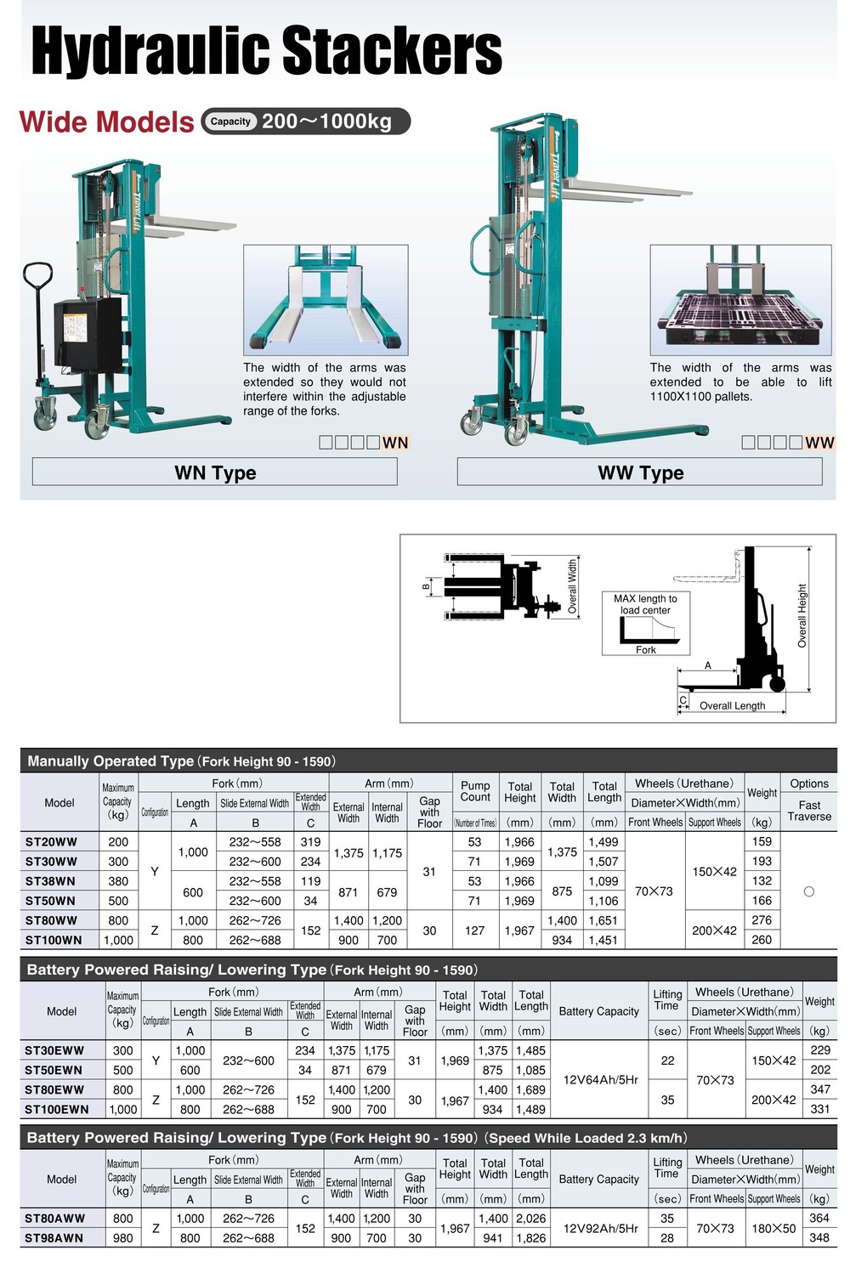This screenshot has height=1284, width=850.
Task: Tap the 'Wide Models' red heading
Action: [x=107, y=122]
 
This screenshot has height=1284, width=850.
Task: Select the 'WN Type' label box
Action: [x=215, y=472]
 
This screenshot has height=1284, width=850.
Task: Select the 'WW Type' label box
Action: [x=640, y=472]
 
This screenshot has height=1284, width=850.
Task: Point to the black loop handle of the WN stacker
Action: [x=37, y=277]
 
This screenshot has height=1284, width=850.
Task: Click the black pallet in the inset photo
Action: [x=741, y=319]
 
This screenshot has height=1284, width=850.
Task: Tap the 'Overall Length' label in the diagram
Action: [x=732, y=705]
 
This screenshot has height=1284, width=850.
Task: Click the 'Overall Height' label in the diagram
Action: [x=802, y=615]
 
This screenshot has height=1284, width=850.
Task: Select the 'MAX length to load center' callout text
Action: [x=645, y=604]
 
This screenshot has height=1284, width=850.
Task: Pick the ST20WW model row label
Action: [x=51, y=841]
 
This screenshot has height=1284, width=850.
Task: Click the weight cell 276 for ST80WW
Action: [x=762, y=919]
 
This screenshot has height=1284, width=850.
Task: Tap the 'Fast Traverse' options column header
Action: [x=809, y=811]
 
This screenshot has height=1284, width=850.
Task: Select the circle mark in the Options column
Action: [x=808, y=891]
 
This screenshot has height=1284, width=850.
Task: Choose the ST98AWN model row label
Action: [x=54, y=1237]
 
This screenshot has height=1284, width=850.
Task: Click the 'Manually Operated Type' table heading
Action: [x=110, y=761]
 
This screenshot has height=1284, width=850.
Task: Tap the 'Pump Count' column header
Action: [x=475, y=791]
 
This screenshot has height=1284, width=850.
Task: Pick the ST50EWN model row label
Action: [x=54, y=1070]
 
